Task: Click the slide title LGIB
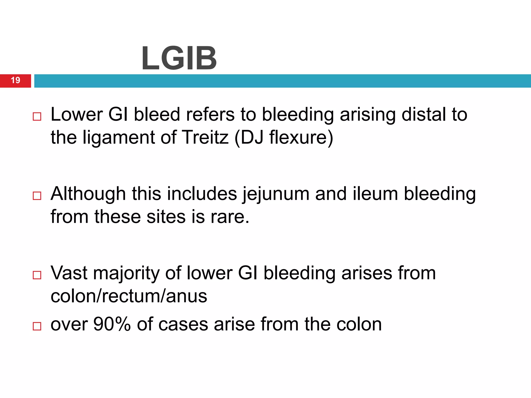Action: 179,58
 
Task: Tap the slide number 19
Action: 16,80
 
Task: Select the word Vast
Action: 69,273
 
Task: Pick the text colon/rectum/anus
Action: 129,296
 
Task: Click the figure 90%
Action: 112,324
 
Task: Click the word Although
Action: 88,194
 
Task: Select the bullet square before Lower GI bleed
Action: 37,117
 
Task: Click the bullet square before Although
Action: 37,196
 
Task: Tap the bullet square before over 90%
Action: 37,326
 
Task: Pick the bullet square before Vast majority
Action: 37,275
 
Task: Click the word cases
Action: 183,325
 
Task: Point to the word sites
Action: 166,217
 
